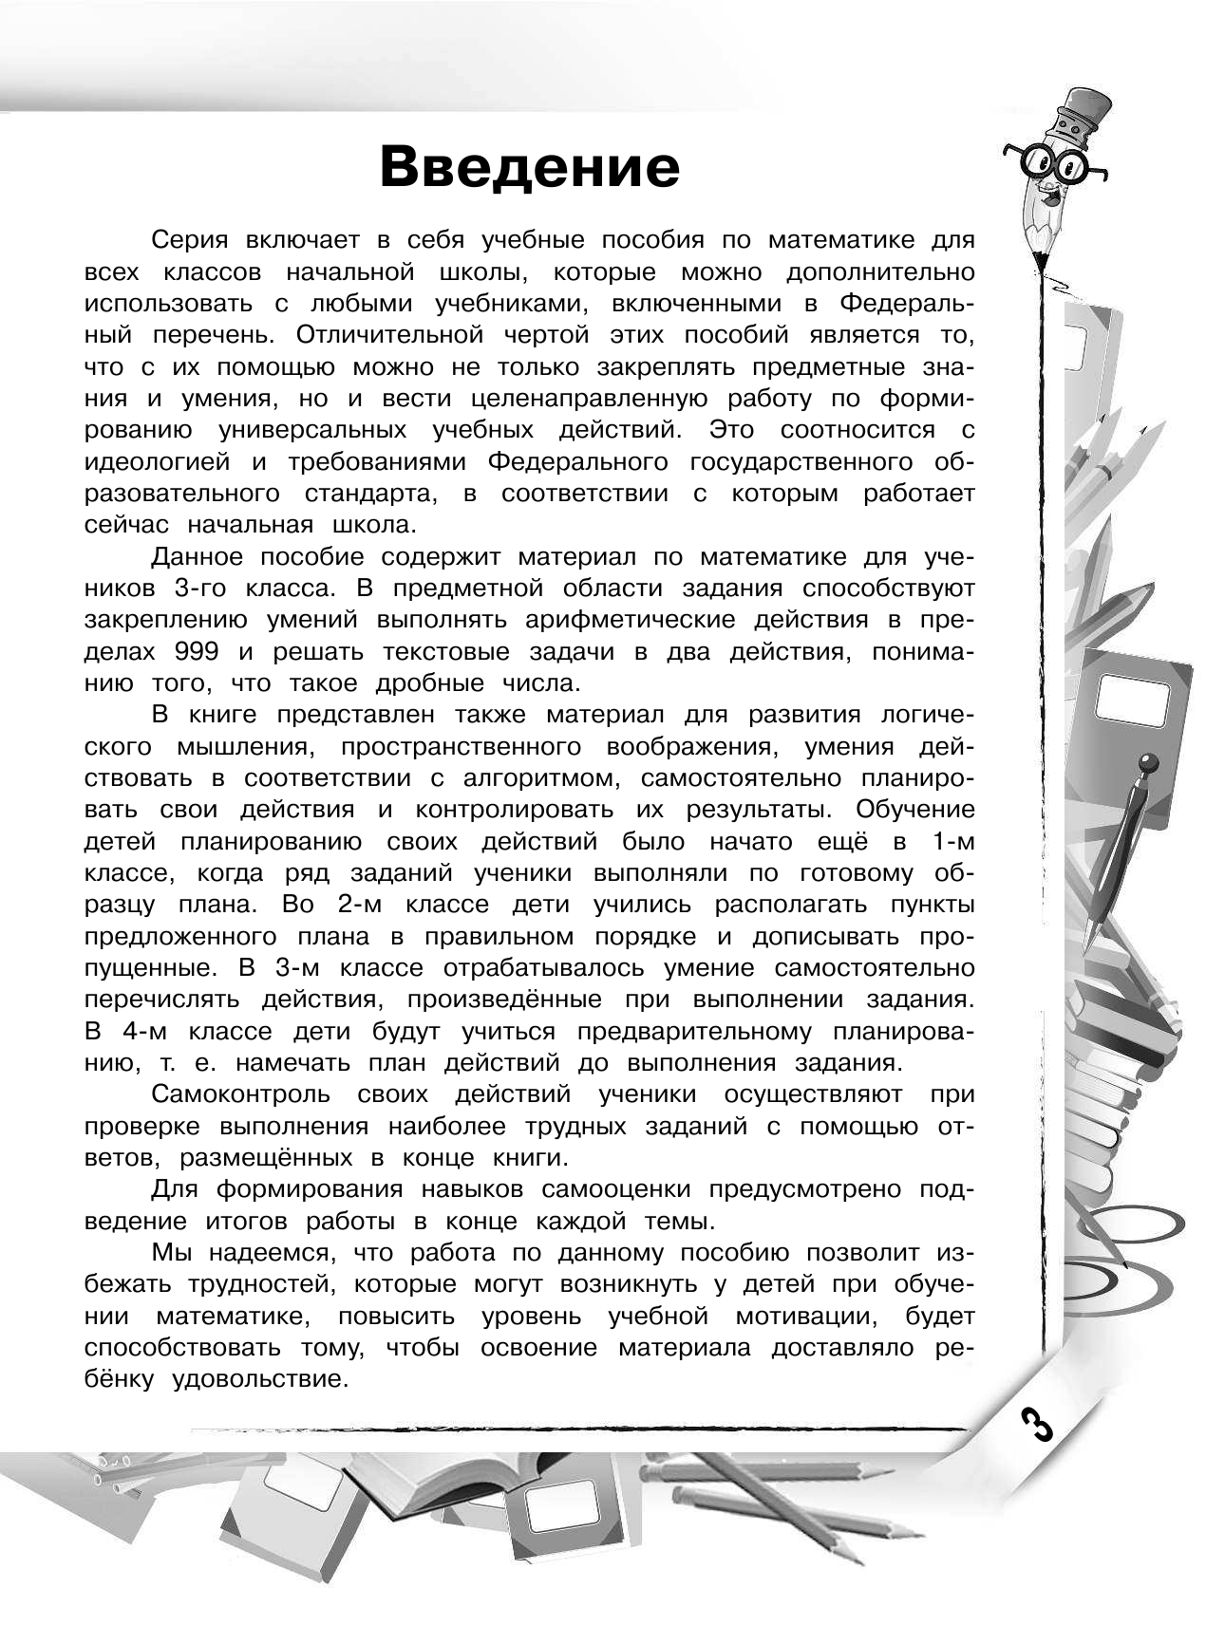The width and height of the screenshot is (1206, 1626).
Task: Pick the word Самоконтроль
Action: click(x=240, y=1094)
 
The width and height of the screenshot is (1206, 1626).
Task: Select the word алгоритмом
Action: click(x=537, y=778)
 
